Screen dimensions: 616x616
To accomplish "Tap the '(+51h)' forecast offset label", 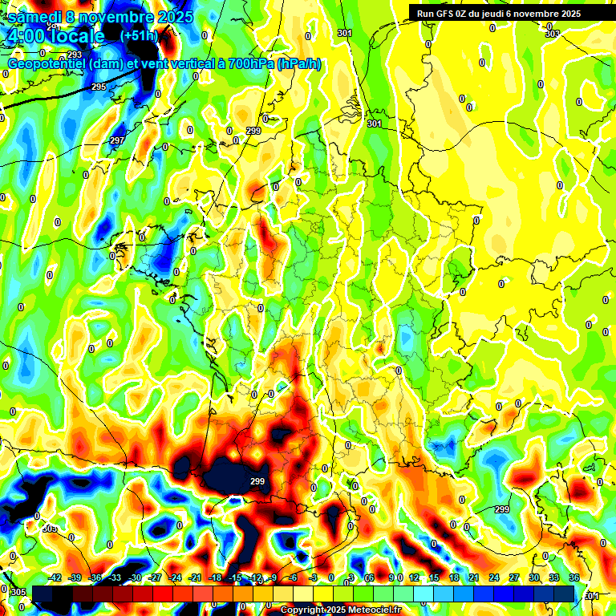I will [140, 36].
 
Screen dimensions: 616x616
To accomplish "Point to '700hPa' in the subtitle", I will [249, 63].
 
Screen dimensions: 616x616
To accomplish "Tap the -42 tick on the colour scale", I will [55, 577].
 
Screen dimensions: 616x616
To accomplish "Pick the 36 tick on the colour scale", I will [574, 577].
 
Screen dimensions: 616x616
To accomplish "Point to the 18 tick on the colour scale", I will [454, 577].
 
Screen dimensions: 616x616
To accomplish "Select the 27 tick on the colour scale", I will [514, 577].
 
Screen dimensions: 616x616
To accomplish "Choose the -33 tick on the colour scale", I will [115, 577].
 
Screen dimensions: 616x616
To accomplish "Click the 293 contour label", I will [75, 55].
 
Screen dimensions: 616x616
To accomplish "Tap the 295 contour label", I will [98, 87].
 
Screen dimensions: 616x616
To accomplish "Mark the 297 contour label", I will [117, 140].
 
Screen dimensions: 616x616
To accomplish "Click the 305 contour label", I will [17, 591].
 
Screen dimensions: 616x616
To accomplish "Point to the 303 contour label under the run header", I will [552, 34].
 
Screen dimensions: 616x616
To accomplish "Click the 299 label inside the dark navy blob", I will [257, 481].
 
